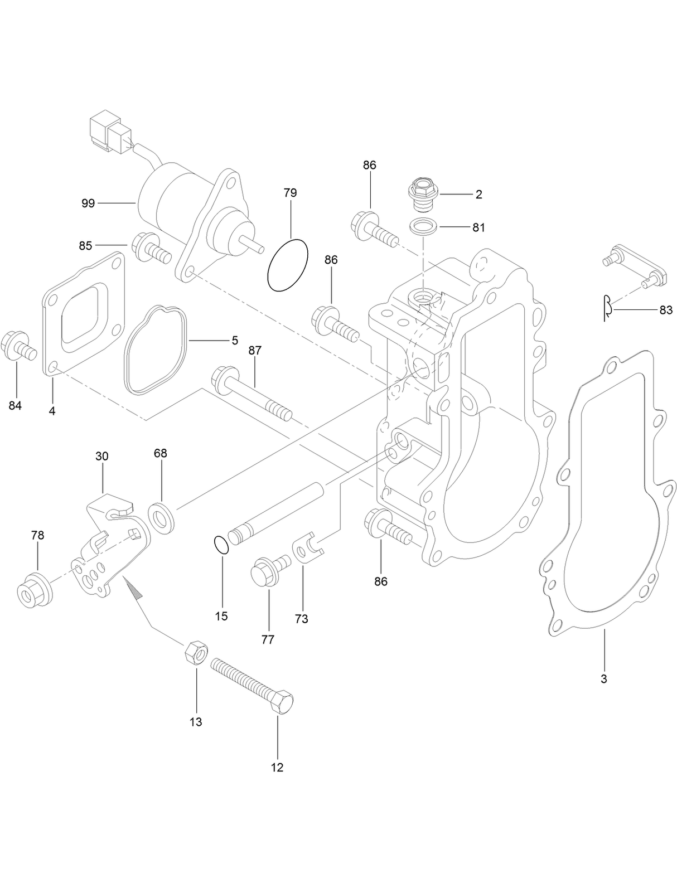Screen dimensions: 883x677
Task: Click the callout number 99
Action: tap(88, 203)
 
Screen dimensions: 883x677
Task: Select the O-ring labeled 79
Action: tap(288, 265)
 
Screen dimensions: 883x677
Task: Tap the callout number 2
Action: tap(478, 194)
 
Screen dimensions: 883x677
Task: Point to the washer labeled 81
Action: tap(424, 227)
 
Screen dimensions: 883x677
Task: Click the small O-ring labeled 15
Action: tap(221, 545)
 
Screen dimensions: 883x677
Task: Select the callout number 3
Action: tap(603, 679)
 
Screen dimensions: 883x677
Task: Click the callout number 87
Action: tap(255, 351)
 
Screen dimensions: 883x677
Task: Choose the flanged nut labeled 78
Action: tap(32, 588)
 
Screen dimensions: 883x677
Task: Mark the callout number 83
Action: tap(666, 310)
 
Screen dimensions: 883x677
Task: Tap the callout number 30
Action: tap(102, 456)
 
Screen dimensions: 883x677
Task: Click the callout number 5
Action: tap(235, 339)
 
